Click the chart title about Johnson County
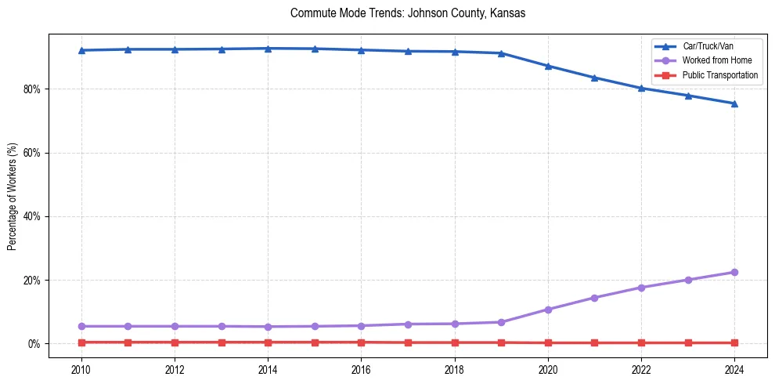407,13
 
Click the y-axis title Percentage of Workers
13,197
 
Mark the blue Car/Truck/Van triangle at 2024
734,103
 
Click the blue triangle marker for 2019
501,53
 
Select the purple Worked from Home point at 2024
734,272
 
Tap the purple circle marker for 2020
548,310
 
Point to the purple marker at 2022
641,288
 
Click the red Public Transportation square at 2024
734,342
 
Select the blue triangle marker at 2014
268,49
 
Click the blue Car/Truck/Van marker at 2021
594,78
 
